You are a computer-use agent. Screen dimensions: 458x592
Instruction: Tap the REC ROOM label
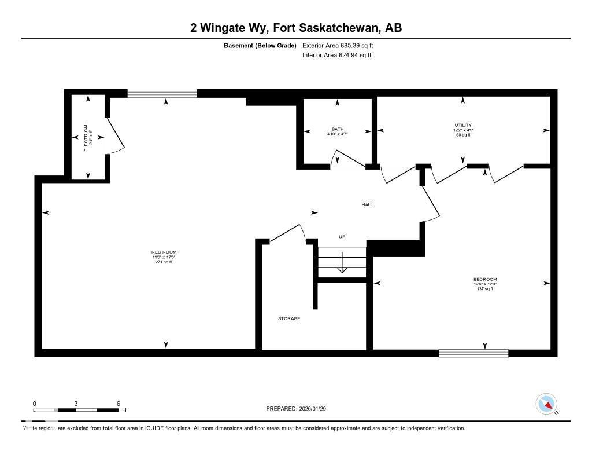[164, 252]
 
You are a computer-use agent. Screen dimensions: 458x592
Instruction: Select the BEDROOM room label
[484, 280]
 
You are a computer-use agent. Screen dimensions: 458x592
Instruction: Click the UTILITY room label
[462, 125]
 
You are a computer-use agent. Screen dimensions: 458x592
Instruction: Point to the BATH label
[338, 129]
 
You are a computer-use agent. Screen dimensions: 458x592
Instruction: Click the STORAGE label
[289, 318]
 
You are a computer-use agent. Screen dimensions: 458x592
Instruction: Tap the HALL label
[367, 205]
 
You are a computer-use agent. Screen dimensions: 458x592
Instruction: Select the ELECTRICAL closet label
[86, 137]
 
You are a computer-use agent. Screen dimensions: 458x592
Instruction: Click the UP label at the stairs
[342, 237]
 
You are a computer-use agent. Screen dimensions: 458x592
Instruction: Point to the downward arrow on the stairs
[342, 263]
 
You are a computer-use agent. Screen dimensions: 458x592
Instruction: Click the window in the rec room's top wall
[162, 93]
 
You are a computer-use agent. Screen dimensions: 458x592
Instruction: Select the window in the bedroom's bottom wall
[473, 353]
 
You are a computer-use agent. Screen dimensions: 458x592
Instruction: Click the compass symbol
[546, 404]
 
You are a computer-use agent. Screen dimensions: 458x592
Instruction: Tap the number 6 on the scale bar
[118, 404]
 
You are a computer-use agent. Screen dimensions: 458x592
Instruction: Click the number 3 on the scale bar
[76, 404]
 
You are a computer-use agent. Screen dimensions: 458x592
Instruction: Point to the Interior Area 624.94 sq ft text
[336, 56]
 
